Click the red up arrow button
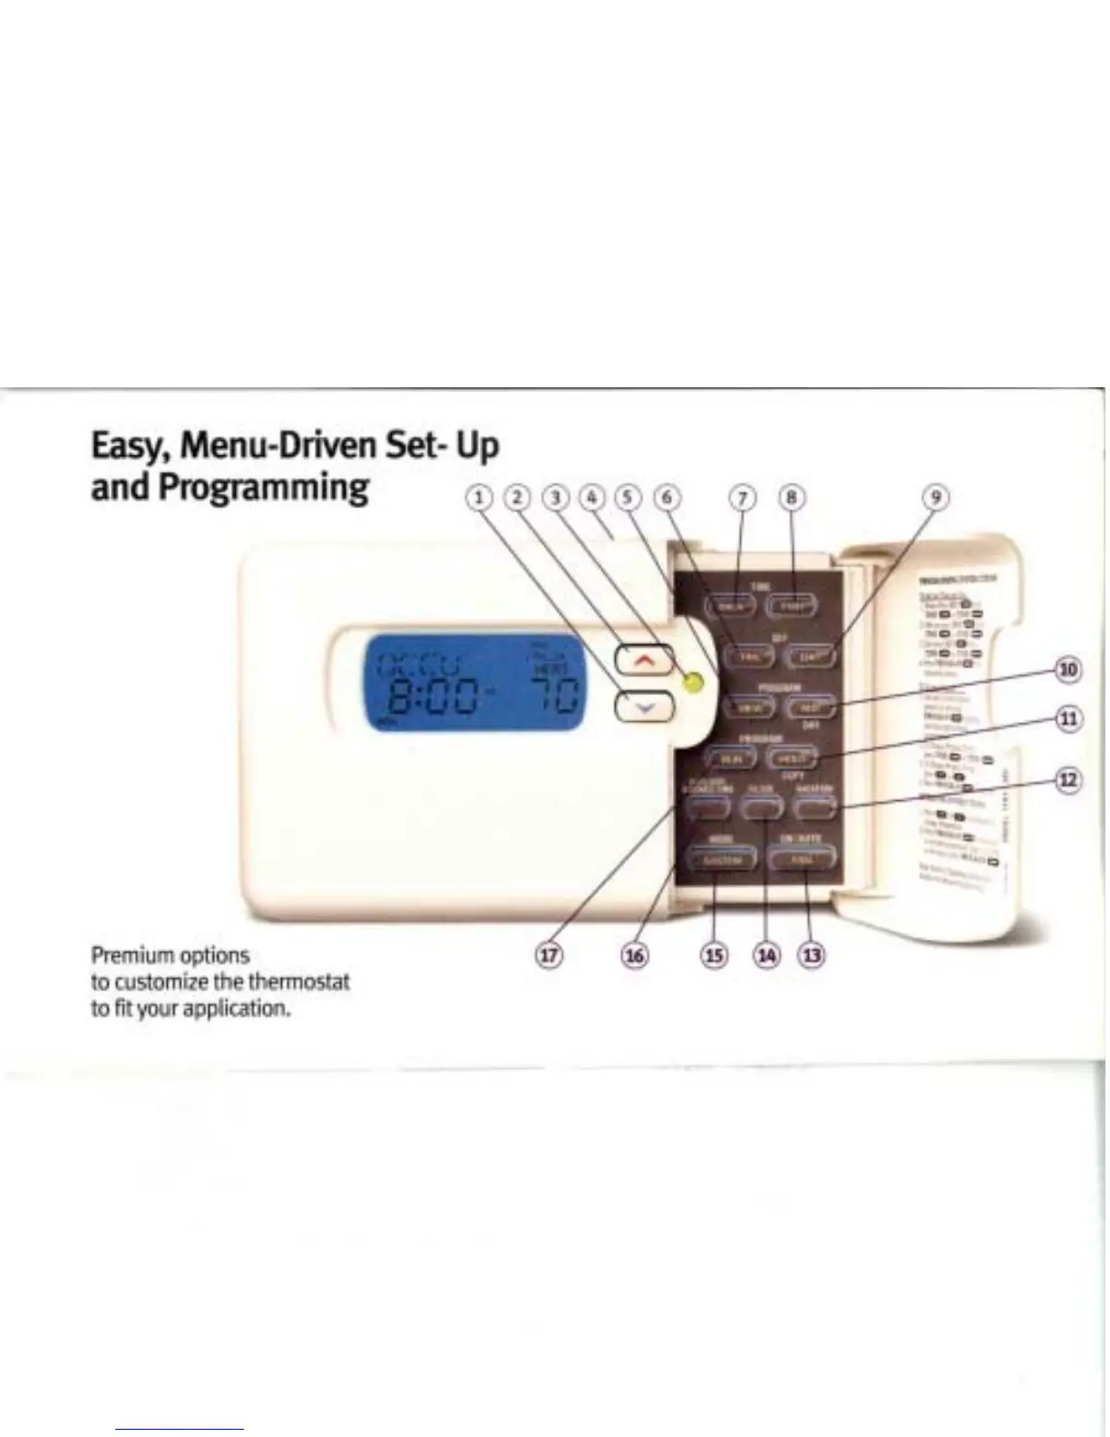pyautogui.click(x=644, y=660)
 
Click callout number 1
pyautogui.click(x=481, y=497)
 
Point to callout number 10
pyautogui.click(x=1069, y=670)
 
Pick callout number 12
pyautogui.click(x=1069, y=780)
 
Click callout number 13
pyautogui.click(x=811, y=955)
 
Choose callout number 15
pyautogui.click(x=715, y=955)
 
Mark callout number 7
pyautogui.click(x=743, y=497)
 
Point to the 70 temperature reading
pyautogui.click(x=553, y=699)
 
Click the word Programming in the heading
pyautogui.click(x=263, y=487)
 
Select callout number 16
pyautogui.click(x=635, y=955)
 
